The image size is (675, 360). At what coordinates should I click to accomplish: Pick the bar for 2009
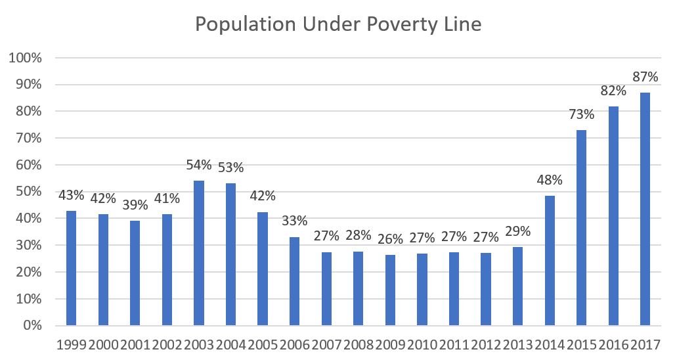390,290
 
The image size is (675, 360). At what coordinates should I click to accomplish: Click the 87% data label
645,77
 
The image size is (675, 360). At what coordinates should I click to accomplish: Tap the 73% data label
582,114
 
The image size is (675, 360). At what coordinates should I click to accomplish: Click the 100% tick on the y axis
26,58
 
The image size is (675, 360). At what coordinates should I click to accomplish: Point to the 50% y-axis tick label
28,192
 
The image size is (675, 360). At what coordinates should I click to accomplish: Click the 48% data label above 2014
550,180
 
